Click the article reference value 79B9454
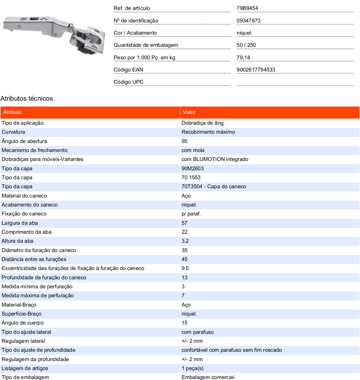[247, 8]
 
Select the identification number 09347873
[249, 21]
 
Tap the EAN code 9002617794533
[256, 70]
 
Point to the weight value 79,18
[243, 57]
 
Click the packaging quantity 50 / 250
[246, 45]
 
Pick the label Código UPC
[128, 82]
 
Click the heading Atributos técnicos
[27, 98]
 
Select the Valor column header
[189, 112]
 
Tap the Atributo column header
[12, 112]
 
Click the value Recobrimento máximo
[208, 132]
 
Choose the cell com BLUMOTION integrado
[215, 159]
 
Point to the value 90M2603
[192, 168]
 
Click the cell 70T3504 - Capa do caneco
[214, 186]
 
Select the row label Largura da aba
[20, 223]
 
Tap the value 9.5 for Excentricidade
[185, 268]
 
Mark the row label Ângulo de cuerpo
[22, 323]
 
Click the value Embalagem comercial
[208, 377]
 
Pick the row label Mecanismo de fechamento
[35, 150]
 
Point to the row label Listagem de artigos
[25, 368]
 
